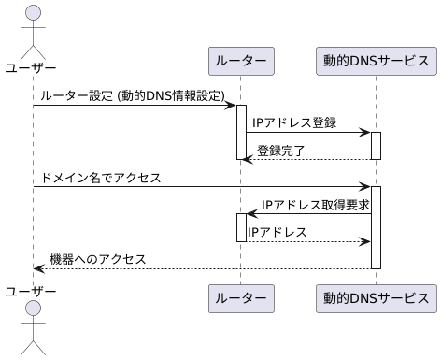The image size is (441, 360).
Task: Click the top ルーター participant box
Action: (240, 62)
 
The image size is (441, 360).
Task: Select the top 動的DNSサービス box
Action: (376, 62)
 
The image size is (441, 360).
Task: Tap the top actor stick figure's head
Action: (33, 13)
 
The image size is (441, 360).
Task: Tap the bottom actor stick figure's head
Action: (33, 310)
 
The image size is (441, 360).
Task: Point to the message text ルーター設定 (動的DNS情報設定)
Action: (133, 95)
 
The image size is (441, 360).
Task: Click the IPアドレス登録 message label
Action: (294, 123)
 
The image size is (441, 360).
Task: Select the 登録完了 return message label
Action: (281, 150)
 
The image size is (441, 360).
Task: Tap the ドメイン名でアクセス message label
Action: (101, 177)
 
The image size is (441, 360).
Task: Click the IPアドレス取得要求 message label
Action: (314, 205)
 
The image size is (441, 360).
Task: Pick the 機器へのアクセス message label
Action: (97, 258)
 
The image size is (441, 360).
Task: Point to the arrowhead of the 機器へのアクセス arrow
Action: (38, 268)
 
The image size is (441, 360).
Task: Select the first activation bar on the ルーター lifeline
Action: (240, 131)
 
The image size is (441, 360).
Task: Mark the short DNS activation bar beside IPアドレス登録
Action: (376, 145)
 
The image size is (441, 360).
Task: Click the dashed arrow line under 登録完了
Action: (308, 159)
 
